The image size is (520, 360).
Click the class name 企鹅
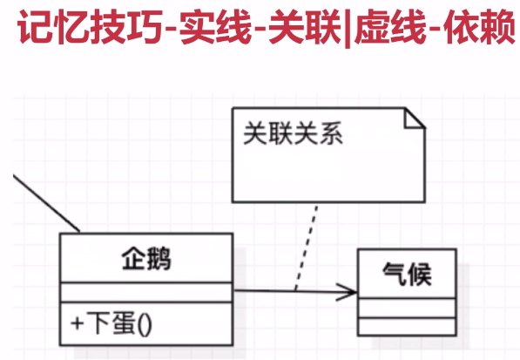click(x=146, y=259)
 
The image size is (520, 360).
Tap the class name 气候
click(x=408, y=274)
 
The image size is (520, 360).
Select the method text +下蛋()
click(x=111, y=323)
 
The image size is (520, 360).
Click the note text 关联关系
click(x=293, y=133)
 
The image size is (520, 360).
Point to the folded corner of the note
click(x=415, y=118)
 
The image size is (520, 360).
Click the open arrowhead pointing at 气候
click(x=347, y=292)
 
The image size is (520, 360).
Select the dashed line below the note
click(x=306, y=248)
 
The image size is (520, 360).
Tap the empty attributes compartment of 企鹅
click(x=146, y=292)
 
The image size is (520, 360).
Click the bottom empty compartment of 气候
click(x=408, y=327)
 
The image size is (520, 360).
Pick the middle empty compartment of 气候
click(x=408, y=309)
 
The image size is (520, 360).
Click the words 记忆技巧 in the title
click(x=91, y=27)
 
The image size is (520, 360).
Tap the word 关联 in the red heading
click(x=305, y=27)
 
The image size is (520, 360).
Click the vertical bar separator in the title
click(x=348, y=28)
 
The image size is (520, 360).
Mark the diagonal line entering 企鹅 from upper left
click(x=46, y=203)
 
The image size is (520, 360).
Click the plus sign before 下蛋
click(x=77, y=323)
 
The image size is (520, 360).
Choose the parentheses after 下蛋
click(x=144, y=324)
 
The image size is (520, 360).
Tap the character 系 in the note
click(x=331, y=133)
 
